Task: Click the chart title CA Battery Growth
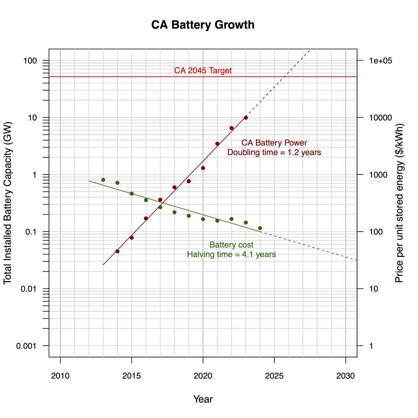click(203, 25)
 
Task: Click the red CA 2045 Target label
click(203, 70)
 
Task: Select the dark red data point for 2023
click(246, 118)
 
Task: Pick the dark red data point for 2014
click(117, 251)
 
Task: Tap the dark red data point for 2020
click(203, 168)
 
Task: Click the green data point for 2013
click(103, 180)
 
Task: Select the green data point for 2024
click(260, 228)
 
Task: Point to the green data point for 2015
click(132, 193)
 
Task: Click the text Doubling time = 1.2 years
click(274, 153)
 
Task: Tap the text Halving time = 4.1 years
click(231, 255)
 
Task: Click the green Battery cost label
click(231, 245)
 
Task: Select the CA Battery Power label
click(274, 143)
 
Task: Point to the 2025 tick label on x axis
click(274, 376)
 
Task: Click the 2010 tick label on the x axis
click(60, 376)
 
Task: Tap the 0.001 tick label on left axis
click(26, 346)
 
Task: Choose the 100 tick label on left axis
click(30, 61)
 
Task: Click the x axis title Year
click(203, 399)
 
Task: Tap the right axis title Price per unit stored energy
click(399, 203)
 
